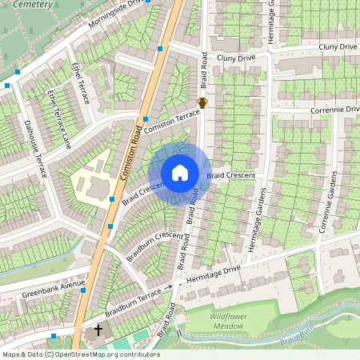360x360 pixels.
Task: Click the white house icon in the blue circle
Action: click(180, 173)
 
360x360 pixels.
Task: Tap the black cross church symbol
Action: click(99, 330)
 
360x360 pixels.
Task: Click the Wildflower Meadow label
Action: click(222, 322)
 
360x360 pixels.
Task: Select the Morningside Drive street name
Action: click(119, 13)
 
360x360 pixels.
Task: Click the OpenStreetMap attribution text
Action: click(80, 354)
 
